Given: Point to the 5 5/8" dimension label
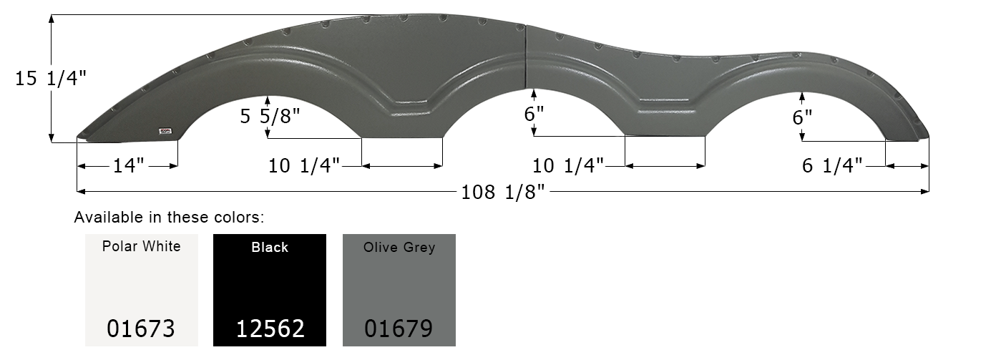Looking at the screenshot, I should (x=270, y=115).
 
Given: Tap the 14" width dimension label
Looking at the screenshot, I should (x=128, y=166).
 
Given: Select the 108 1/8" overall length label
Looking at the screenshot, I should (x=505, y=192).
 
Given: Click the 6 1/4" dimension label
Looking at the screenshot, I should (x=831, y=166).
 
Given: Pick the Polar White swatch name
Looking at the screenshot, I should (x=141, y=247).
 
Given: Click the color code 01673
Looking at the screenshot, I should (x=141, y=329).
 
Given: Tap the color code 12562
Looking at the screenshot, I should (x=270, y=329).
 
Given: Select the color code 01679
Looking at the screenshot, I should (x=399, y=329).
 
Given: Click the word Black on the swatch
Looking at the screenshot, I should (x=270, y=248).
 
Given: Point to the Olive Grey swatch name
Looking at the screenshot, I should (x=399, y=248).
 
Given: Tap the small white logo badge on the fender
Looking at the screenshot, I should (x=165, y=130).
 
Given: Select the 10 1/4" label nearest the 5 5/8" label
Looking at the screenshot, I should (x=304, y=166).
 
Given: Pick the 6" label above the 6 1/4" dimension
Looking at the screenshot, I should (x=803, y=118).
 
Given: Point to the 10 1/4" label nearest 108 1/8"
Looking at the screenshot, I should (x=567, y=166).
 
